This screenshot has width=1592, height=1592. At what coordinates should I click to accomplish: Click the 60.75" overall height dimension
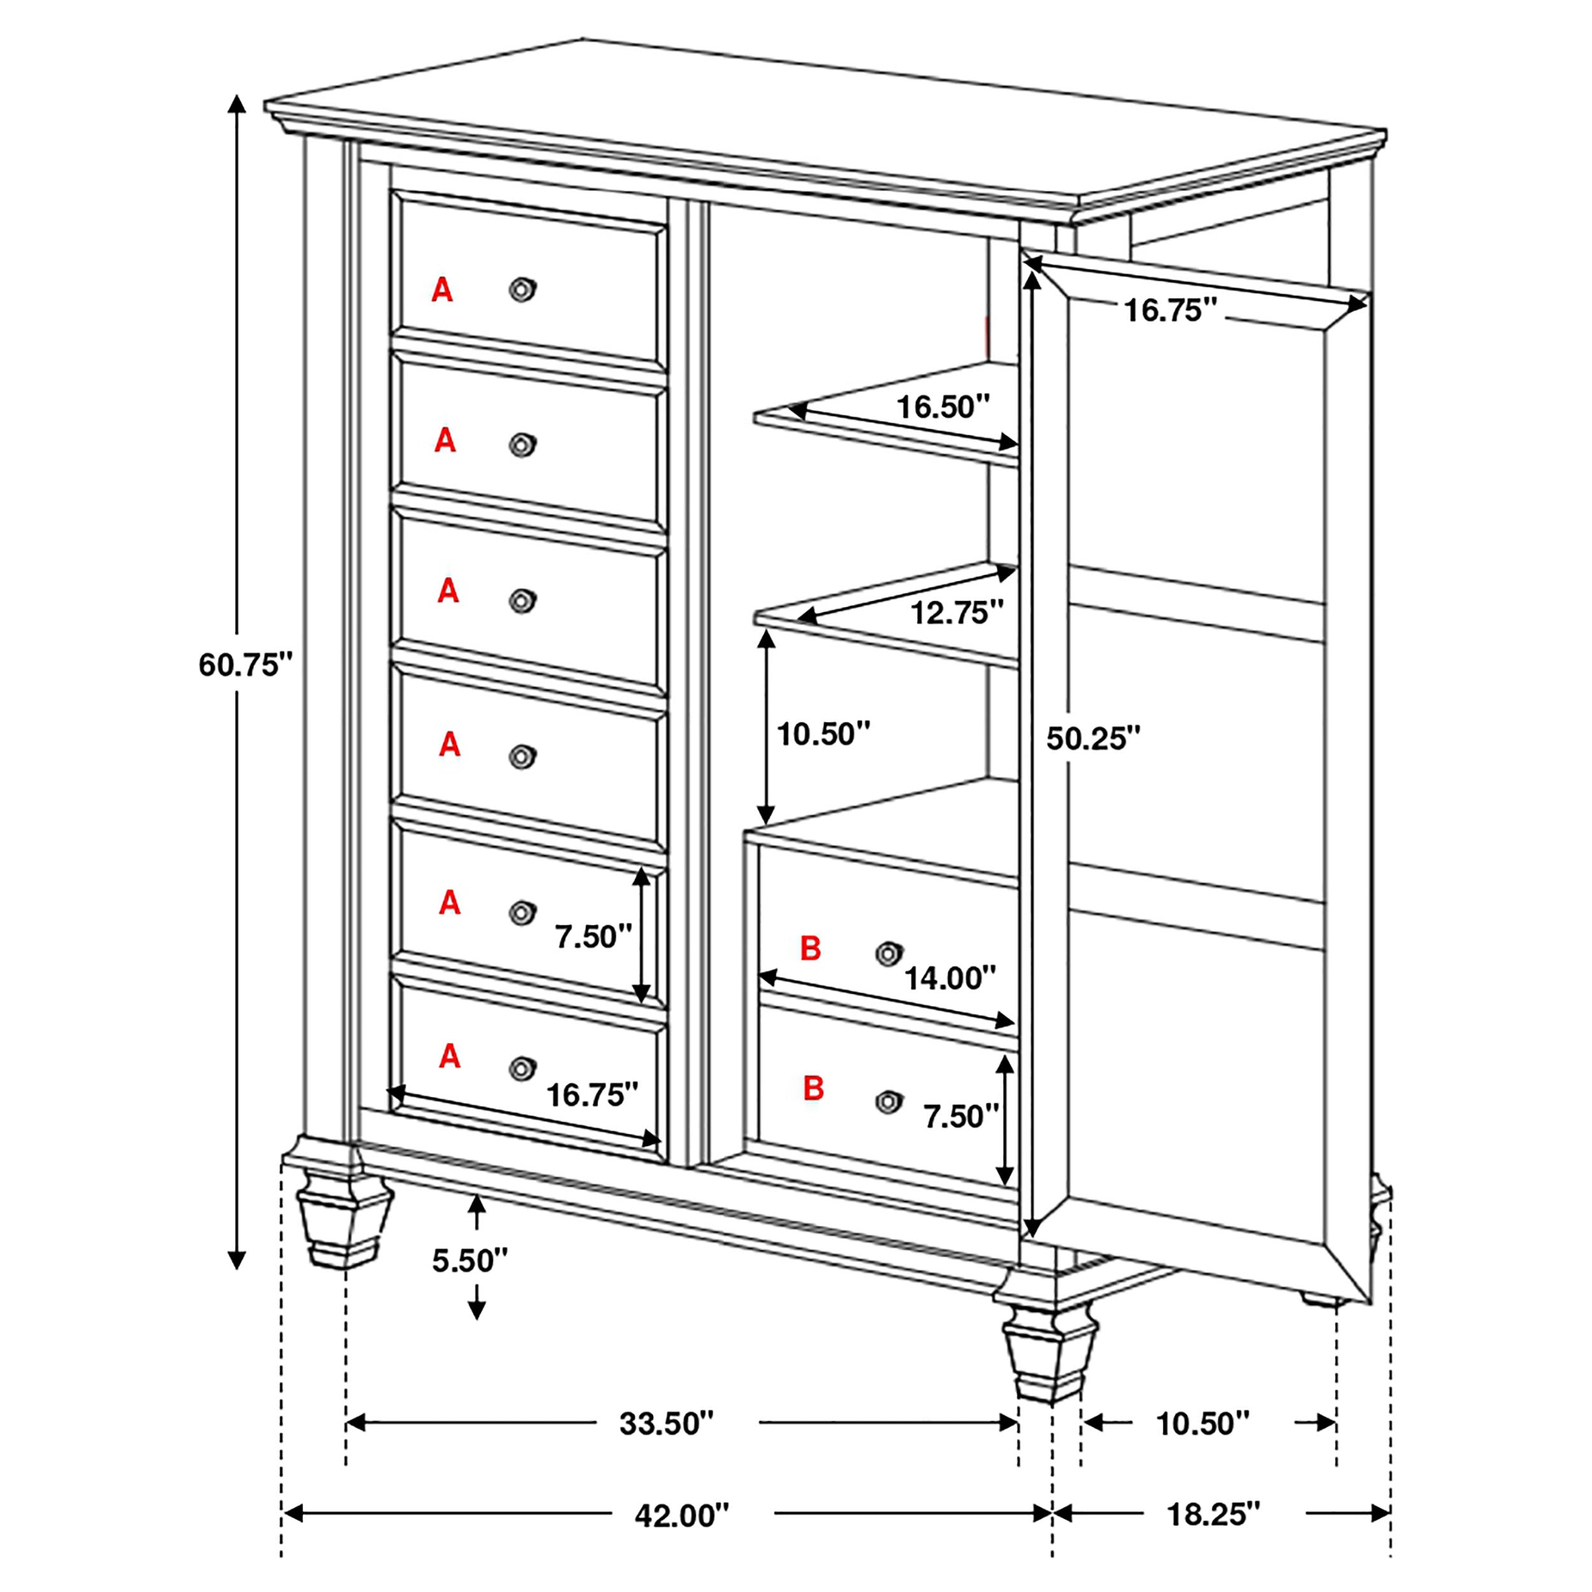tap(246, 664)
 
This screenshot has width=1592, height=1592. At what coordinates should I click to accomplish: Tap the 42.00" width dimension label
tap(681, 1514)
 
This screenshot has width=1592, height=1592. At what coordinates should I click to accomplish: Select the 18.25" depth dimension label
tap(1214, 1514)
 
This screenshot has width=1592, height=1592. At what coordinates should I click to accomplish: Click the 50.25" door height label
tap(1093, 738)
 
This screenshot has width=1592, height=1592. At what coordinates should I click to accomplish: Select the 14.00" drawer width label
tap(950, 978)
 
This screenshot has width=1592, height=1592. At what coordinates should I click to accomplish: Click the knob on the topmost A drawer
tap(522, 289)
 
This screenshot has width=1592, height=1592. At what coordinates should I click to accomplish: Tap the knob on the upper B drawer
tap(888, 953)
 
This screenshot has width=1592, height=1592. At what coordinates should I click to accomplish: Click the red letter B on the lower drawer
tap(813, 1088)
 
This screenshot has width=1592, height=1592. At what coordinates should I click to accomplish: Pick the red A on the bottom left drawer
tap(449, 1056)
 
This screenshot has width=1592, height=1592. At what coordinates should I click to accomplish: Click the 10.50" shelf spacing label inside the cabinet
tap(823, 732)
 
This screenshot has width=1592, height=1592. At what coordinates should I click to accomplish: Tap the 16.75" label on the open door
tap(1169, 310)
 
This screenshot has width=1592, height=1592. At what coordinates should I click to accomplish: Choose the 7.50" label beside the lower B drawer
tap(960, 1116)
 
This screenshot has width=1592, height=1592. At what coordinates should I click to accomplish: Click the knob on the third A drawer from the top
tap(522, 601)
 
